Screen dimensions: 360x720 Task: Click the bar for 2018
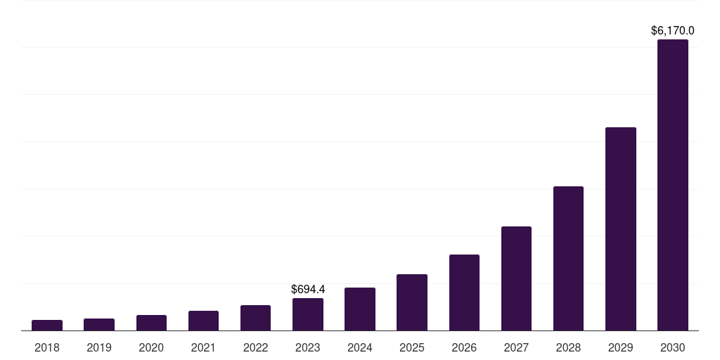tap(47, 325)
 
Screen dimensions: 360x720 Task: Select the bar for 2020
tap(151, 323)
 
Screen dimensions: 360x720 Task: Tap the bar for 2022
tap(255, 318)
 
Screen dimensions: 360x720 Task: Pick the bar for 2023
tap(308, 314)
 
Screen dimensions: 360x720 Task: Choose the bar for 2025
tap(412, 302)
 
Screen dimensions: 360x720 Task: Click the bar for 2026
tap(464, 292)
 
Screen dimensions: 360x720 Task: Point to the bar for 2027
tap(516, 278)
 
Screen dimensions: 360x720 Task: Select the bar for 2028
tap(568, 258)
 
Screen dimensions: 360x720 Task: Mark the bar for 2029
tap(621, 229)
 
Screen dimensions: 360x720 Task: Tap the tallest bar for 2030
tap(673, 185)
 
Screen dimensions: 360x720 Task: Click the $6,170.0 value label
tap(673, 31)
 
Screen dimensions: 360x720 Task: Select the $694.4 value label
tap(308, 289)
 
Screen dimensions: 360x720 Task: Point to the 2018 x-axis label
tap(47, 347)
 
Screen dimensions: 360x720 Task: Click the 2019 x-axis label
tap(99, 347)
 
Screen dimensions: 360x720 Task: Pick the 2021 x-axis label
tap(203, 347)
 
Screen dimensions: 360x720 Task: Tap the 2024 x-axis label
tap(360, 347)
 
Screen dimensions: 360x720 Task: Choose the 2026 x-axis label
tap(464, 347)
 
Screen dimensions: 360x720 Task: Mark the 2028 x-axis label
tap(568, 347)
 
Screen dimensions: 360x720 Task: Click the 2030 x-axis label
tap(673, 347)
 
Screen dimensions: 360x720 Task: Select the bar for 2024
tap(360, 309)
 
